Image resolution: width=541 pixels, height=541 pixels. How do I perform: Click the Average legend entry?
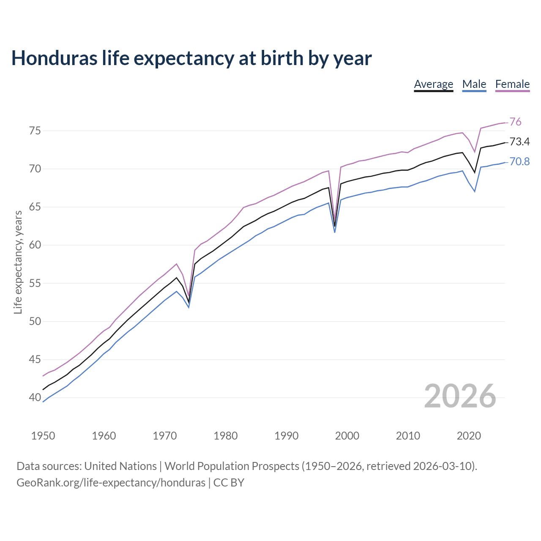(x=433, y=84)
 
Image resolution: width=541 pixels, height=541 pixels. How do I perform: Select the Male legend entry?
(x=474, y=84)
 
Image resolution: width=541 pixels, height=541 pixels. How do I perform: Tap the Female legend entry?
(x=512, y=84)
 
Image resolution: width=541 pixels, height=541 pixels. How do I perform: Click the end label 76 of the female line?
(x=515, y=122)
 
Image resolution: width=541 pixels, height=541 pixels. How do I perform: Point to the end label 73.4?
(x=519, y=142)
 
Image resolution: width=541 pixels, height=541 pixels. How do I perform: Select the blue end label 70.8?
(x=519, y=161)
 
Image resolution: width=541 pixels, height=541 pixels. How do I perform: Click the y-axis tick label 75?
(x=35, y=131)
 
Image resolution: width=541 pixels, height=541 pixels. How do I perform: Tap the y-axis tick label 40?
(x=35, y=397)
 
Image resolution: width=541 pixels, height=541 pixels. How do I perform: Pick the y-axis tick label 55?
(x=35, y=283)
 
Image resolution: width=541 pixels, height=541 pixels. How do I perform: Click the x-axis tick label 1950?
(x=43, y=436)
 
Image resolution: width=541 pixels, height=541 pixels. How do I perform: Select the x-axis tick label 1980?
(x=225, y=436)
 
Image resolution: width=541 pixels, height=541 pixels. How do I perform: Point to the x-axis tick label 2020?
(x=469, y=436)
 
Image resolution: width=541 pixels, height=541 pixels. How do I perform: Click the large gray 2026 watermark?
(x=460, y=396)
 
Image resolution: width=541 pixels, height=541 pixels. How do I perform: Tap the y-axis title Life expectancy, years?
(x=18, y=262)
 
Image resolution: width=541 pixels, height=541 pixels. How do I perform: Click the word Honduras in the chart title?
(x=54, y=58)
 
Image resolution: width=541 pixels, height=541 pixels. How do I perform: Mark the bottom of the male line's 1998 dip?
(x=335, y=232)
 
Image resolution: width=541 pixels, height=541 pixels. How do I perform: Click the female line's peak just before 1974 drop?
(x=176, y=264)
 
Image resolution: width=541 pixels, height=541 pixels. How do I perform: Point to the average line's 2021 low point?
(x=475, y=172)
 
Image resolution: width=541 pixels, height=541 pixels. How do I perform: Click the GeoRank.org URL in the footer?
(x=111, y=483)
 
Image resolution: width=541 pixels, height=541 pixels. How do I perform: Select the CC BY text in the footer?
(x=229, y=483)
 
